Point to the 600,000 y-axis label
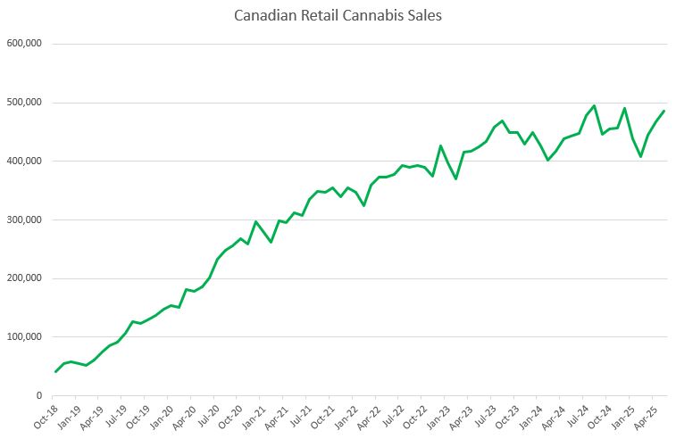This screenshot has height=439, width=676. [x=26, y=44]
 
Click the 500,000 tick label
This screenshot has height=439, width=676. [x=26, y=103]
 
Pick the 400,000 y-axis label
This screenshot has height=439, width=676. [x=26, y=162]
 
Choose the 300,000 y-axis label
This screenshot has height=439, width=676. [x=26, y=220]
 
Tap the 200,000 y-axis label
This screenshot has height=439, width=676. [x=26, y=278]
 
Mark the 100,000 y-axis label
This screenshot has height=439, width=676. [x=26, y=337]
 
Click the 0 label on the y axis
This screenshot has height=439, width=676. [x=39, y=396]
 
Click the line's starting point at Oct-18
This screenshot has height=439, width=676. [x=55, y=371]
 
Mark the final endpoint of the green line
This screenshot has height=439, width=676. [x=663, y=111]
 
